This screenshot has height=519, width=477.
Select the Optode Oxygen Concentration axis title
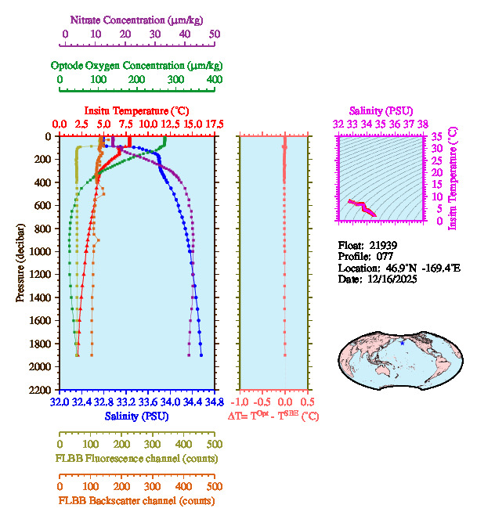[136, 65]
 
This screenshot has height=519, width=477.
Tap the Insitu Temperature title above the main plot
[136, 110]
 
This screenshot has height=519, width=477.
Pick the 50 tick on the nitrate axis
[215, 34]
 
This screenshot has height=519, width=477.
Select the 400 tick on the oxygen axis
[215, 80]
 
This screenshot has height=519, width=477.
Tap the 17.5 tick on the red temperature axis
[215, 124]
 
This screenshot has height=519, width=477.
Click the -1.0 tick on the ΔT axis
[240, 402]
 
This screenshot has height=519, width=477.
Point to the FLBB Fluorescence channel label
[137, 458]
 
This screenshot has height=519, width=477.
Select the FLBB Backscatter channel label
[136, 501]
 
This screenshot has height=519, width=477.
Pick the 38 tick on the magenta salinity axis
[423, 124]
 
